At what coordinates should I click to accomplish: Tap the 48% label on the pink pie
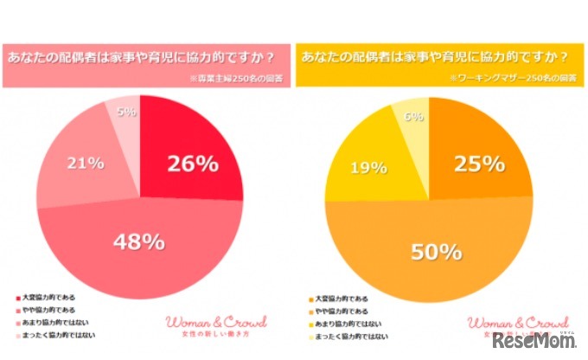pos(140,241)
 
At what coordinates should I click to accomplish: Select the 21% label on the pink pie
pos(86,163)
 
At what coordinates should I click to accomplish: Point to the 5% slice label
pos(125,111)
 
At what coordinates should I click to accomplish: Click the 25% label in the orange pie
pos(480,163)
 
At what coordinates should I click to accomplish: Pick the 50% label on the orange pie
pos(435,252)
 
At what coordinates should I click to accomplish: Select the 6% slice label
pos(413,116)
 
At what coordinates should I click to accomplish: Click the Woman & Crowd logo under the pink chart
pos(215,322)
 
